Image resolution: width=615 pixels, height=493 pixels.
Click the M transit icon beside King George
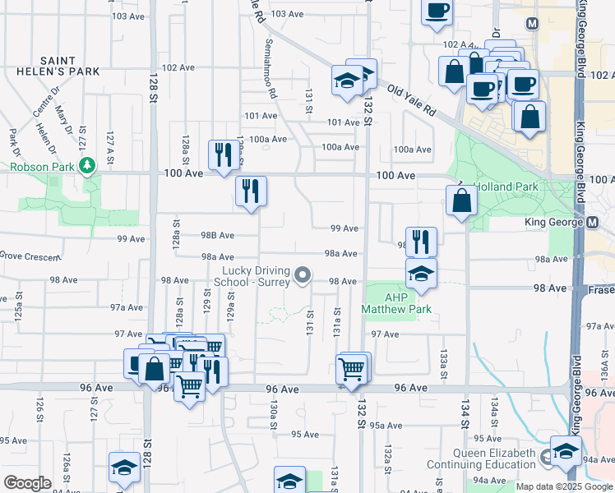click(593, 223)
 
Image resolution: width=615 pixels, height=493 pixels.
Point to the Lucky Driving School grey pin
click(303, 274)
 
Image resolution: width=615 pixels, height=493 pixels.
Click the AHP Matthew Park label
click(396, 302)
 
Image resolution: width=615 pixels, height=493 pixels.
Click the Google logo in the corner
click(28, 483)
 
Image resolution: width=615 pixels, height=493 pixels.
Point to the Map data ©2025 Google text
click(563, 486)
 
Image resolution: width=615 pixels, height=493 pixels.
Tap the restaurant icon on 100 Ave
click(223, 154)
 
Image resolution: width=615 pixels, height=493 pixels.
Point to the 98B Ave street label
click(217, 236)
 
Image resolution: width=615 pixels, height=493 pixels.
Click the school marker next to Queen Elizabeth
click(565, 451)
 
